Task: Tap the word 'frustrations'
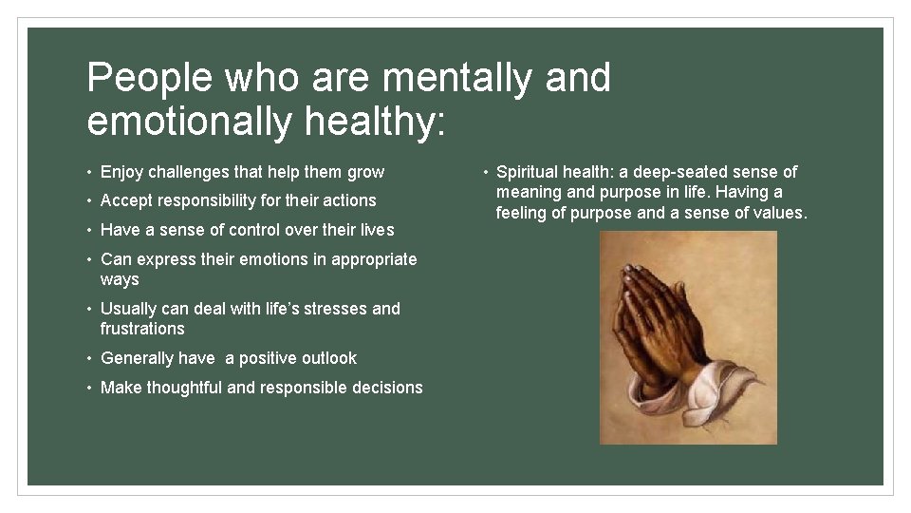pos(142,329)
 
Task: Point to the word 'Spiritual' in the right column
pos(530,172)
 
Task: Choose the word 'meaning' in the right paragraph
pos(528,193)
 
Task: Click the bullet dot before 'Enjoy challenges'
pos(89,173)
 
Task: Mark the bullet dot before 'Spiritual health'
pos(485,173)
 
